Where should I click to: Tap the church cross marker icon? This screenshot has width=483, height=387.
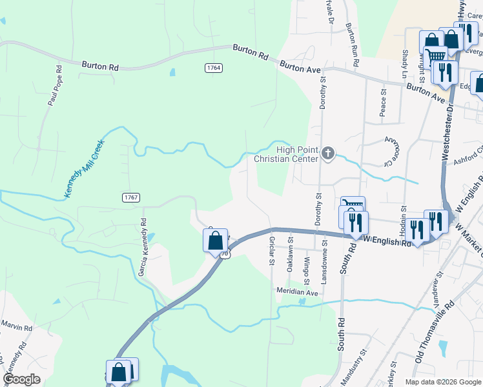(x=328, y=154)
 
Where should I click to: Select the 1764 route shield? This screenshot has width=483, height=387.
(x=213, y=68)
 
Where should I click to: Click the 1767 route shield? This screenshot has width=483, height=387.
(x=130, y=197)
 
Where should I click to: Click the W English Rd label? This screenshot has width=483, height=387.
(x=386, y=239)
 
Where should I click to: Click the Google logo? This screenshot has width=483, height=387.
(x=22, y=379)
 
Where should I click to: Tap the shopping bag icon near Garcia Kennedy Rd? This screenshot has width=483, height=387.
(x=216, y=241)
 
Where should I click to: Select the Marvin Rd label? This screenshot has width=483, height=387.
(x=16, y=327)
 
